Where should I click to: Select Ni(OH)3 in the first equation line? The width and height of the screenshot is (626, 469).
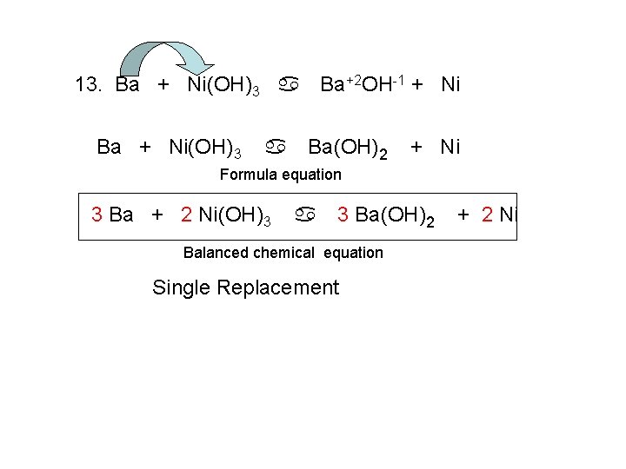223,86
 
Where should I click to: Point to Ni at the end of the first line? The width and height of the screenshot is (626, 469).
450,85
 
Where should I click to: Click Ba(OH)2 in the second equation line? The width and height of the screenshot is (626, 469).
348,148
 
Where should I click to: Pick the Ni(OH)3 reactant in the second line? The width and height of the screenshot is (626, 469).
205,148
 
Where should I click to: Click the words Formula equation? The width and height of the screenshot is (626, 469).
280,175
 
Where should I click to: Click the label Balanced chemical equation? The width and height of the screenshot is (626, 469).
283,253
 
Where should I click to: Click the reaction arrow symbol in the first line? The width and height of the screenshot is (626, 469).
289,85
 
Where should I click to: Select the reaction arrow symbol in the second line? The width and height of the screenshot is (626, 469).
275,147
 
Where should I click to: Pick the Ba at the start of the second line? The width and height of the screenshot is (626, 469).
110,147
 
